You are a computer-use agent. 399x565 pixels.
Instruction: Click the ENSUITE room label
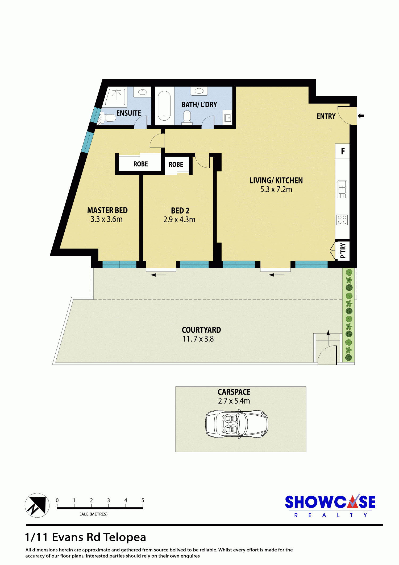click(129, 113)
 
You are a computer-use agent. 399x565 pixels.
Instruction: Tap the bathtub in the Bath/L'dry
click(164, 106)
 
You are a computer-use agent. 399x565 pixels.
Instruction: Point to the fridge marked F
click(342, 151)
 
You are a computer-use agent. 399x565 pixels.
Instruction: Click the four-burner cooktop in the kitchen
click(342, 220)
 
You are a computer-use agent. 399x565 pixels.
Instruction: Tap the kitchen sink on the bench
click(342, 189)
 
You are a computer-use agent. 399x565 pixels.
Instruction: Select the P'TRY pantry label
click(343, 251)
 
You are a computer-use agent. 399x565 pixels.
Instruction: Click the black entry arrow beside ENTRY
click(361, 116)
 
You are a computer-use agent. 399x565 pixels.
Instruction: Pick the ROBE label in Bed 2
click(176, 165)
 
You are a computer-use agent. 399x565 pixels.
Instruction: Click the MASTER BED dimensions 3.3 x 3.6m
click(106, 219)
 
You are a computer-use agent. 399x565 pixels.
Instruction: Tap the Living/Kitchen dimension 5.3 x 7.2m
click(276, 190)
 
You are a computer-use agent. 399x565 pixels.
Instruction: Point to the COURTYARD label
click(201, 330)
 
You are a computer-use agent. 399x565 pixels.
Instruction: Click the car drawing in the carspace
click(237, 424)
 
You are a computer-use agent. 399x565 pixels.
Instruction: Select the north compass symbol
click(37, 505)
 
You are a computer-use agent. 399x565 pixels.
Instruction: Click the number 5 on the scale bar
click(143, 500)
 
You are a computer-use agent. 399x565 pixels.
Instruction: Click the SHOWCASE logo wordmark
click(330, 502)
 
